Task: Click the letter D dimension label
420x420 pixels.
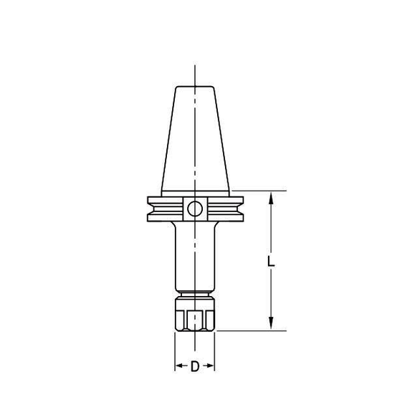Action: point(195,367)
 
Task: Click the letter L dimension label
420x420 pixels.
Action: point(270,262)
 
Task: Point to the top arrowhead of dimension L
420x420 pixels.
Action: point(271,196)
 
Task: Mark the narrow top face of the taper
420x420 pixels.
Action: point(195,87)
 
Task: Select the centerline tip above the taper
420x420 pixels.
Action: point(195,68)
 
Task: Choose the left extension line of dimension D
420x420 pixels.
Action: point(176,351)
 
